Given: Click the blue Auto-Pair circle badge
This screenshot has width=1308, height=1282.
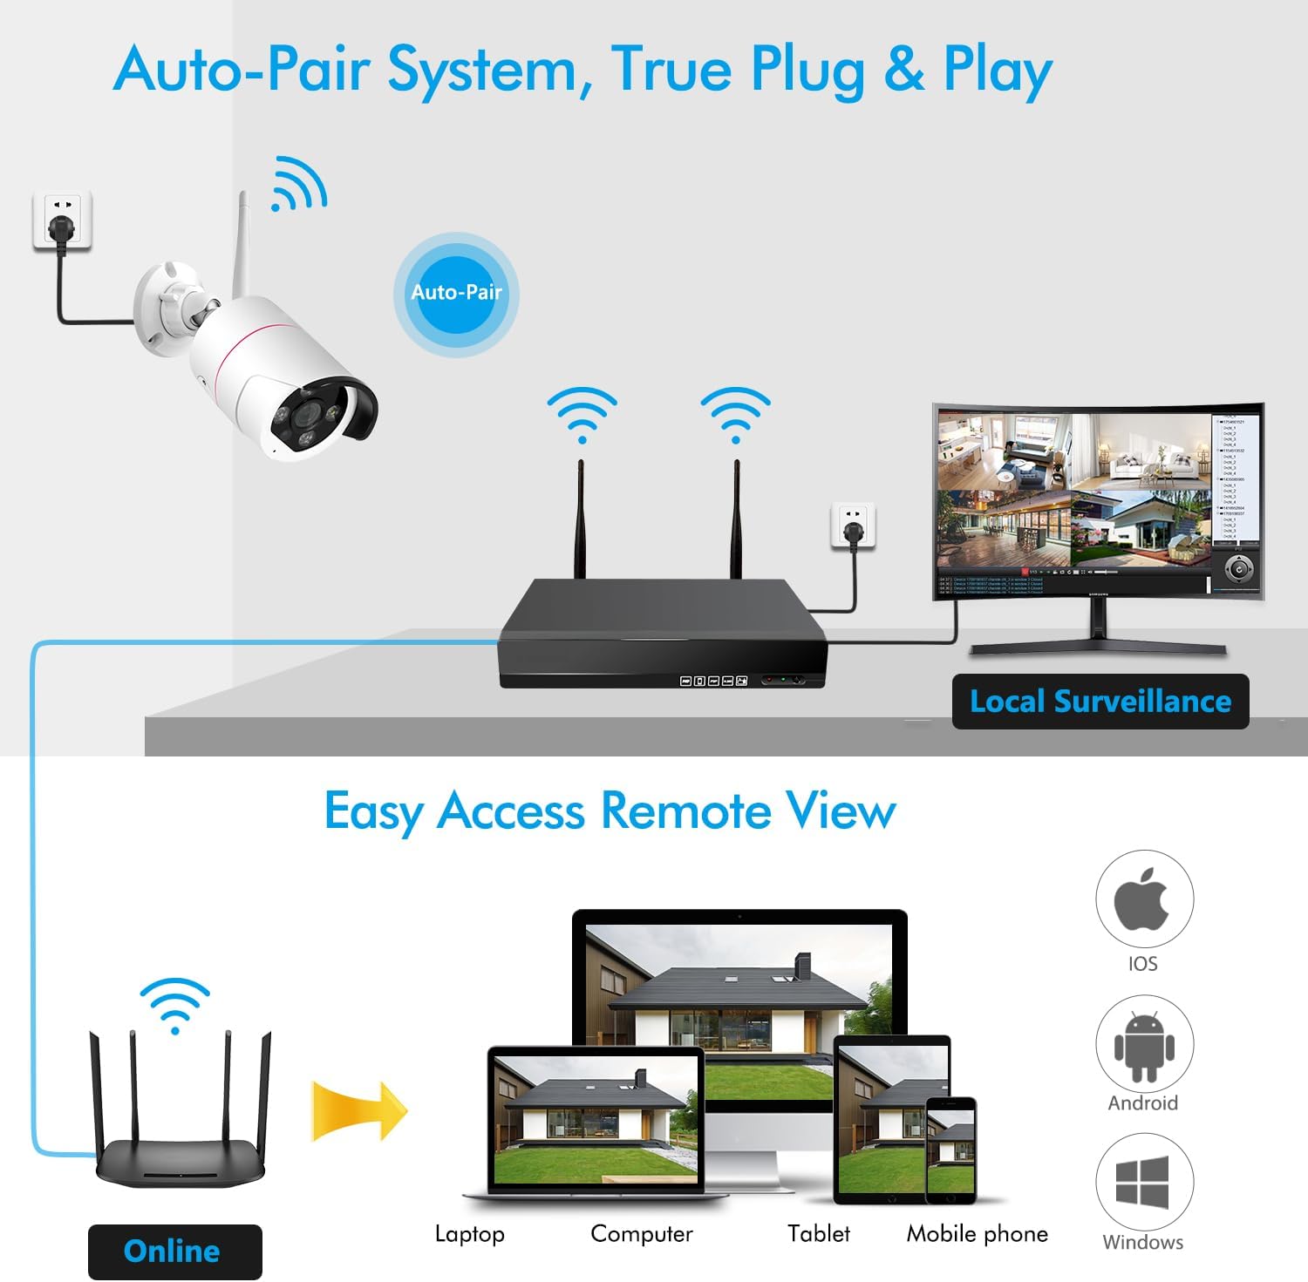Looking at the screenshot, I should coord(456,293).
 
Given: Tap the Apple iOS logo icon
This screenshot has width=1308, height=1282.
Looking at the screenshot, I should coord(1142,899).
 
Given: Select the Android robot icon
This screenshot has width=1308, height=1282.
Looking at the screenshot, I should coord(1143,1046).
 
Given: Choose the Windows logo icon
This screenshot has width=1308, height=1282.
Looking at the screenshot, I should coord(1142,1182).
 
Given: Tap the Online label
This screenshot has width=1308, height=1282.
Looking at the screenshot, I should coord(174,1251).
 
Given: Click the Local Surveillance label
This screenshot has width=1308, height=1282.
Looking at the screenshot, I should coord(1100,702).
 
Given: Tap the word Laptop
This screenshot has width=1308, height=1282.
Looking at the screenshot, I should coord(469,1234).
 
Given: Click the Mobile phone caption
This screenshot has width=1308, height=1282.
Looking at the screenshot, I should coord(978,1234).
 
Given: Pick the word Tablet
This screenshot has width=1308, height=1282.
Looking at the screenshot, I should coord(818,1234).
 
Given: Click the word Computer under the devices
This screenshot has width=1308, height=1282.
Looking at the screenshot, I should coord(642,1234).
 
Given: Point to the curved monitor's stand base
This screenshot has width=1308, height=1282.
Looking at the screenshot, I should coord(1099,647).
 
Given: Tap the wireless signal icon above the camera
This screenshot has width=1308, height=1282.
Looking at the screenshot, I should coord(298,184).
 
